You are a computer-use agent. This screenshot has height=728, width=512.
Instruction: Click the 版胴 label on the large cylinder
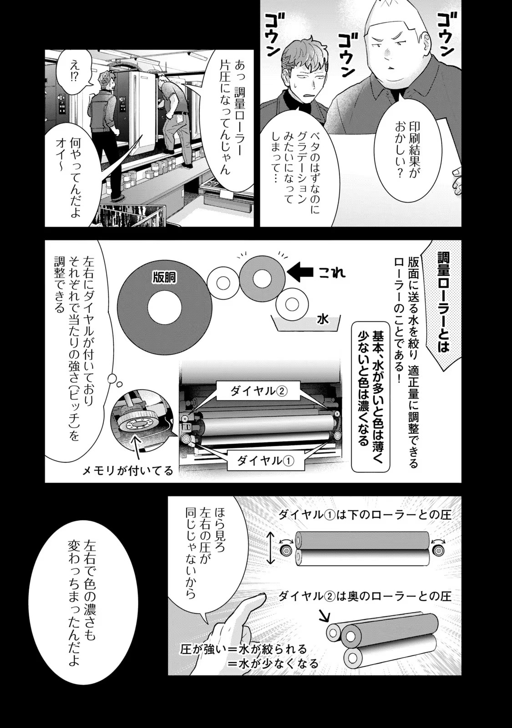164,278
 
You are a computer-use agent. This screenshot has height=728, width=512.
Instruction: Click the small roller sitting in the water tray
291,304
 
